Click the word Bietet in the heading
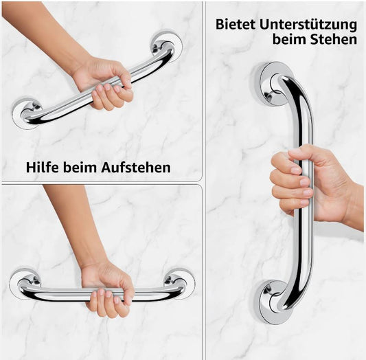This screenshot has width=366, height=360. [x=236, y=24]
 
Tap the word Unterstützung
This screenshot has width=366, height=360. [x=308, y=25]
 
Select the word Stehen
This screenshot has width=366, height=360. [x=333, y=39]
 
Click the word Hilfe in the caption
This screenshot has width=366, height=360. [x=42, y=168]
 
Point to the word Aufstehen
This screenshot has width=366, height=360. [x=135, y=168]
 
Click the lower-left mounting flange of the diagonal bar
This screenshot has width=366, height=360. [x=26, y=113]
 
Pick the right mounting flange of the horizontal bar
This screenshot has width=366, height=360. [x=179, y=283]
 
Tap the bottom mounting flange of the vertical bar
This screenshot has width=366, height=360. [x=275, y=302]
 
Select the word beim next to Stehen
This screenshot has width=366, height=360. [x=289, y=39]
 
